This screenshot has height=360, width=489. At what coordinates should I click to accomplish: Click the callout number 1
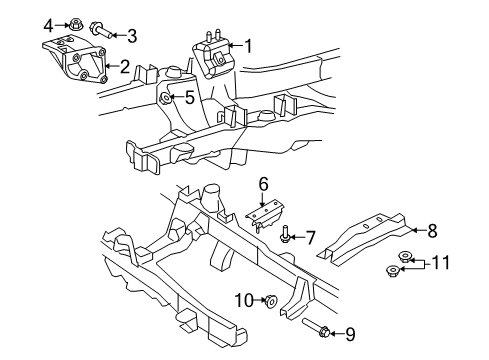[249, 46]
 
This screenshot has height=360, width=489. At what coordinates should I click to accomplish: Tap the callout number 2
[125, 67]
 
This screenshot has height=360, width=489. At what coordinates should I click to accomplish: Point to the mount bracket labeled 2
[75, 61]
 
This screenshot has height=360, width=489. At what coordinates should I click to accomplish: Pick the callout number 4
[48, 26]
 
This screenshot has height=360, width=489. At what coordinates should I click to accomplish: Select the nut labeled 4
[74, 24]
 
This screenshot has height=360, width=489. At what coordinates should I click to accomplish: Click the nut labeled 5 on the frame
[165, 98]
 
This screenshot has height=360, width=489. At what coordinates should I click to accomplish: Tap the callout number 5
[190, 98]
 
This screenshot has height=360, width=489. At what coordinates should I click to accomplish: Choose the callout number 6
[263, 184]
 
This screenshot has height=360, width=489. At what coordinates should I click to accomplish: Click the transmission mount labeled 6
[265, 215]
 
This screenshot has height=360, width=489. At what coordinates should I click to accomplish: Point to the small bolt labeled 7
[284, 234]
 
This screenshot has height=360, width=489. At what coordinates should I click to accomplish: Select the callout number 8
[432, 230]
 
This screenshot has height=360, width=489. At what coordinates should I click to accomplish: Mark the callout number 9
[350, 334]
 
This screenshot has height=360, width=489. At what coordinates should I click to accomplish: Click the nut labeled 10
[270, 301]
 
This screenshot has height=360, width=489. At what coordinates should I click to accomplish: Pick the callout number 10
[245, 301]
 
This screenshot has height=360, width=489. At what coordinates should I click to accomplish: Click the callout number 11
[440, 263]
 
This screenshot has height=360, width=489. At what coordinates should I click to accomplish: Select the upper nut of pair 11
[405, 257]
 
